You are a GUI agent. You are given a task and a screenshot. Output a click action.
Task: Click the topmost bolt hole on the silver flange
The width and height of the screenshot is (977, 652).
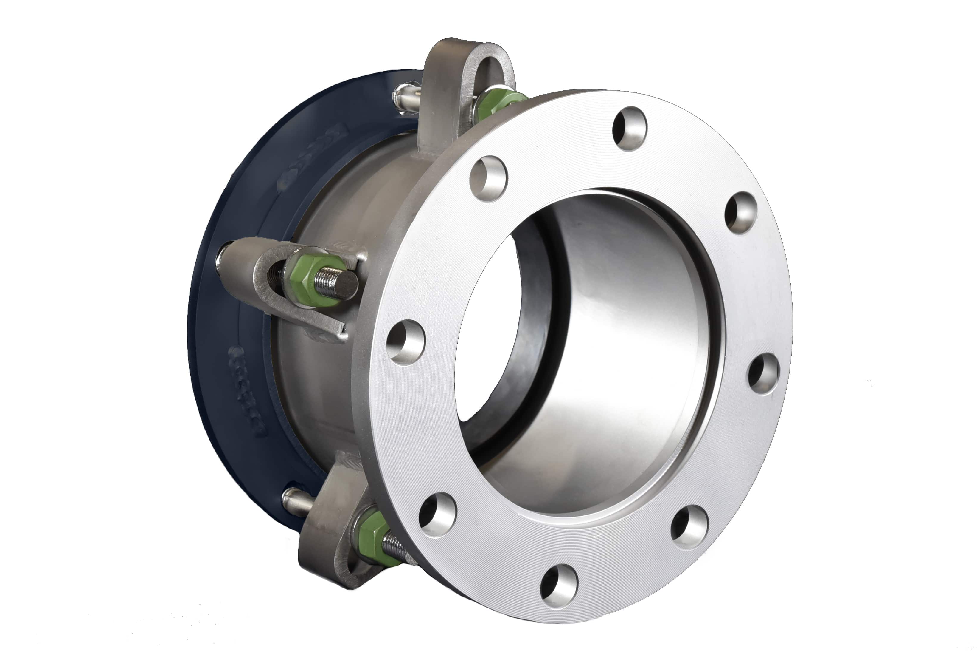tap(629, 129)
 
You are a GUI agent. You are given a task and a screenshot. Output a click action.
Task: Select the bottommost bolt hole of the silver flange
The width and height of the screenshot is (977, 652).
tap(559, 586)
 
